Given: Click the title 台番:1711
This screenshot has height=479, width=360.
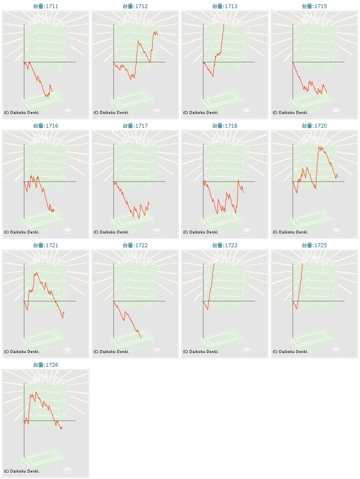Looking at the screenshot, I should coord(46,6).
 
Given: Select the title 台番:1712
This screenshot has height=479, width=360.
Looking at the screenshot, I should coord(135,6).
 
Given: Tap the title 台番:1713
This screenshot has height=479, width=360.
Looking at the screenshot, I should coord(225,6).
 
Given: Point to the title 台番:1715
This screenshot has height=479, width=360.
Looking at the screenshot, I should coord(314,6).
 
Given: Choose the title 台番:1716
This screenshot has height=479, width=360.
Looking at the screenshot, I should coord(46,126).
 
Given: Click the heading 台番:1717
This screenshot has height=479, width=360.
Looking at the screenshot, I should coord(135,126).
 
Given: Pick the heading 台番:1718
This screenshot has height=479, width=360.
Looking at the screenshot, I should coord(225,126).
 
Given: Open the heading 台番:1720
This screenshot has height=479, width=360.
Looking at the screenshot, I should coord(314,126).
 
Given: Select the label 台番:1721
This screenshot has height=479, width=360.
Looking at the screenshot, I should coord(46,245).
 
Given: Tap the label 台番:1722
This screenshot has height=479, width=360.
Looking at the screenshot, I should coord(135,245).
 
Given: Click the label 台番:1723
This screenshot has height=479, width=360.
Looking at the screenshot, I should coord(225,245).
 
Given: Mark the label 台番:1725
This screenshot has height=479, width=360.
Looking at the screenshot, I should coord(314,245).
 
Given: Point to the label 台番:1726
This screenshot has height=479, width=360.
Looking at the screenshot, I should coord(46,365).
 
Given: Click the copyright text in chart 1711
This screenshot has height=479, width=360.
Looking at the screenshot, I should coord(22,113).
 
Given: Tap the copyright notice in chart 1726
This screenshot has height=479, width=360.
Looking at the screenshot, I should coord(22,471).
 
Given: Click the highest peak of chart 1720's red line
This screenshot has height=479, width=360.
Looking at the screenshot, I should coord(319,147).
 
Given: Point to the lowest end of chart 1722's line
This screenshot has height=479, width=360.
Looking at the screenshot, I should coord(141,338).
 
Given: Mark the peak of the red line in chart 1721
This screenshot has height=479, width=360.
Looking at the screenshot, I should coord(37,272).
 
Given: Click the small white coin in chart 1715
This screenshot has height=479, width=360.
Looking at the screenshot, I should coord(337,111).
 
